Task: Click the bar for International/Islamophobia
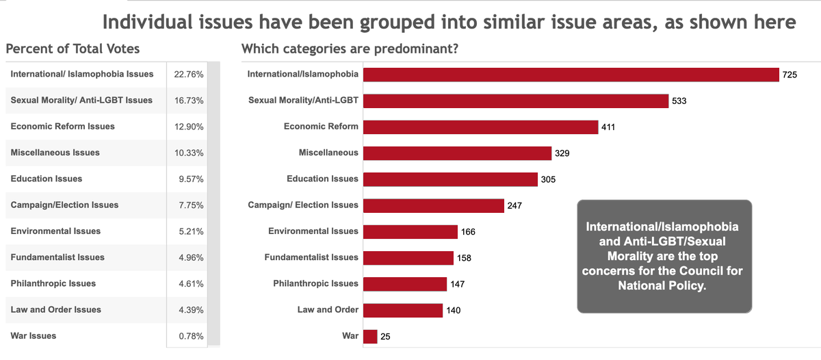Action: click(x=571, y=75)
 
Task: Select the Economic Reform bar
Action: click(x=480, y=127)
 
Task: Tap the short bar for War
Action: click(x=370, y=336)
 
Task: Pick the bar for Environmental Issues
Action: click(x=410, y=231)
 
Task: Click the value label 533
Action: click(x=679, y=101)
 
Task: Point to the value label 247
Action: click(x=514, y=205)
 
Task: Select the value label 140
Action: click(x=453, y=310)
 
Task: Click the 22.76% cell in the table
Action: click(x=189, y=75)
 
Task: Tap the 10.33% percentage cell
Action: click(x=189, y=153)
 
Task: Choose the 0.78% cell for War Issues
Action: click(x=190, y=336)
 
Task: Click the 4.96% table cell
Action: click(x=190, y=258)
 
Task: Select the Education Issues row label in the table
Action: click(x=47, y=179)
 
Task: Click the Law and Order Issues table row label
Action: click(x=56, y=310)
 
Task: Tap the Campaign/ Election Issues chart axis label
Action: click(x=302, y=205)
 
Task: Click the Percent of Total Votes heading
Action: click(x=73, y=49)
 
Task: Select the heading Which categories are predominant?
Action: click(x=350, y=49)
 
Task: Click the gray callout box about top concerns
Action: click(x=664, y=257)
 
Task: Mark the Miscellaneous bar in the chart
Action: click(x=457, y=153)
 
